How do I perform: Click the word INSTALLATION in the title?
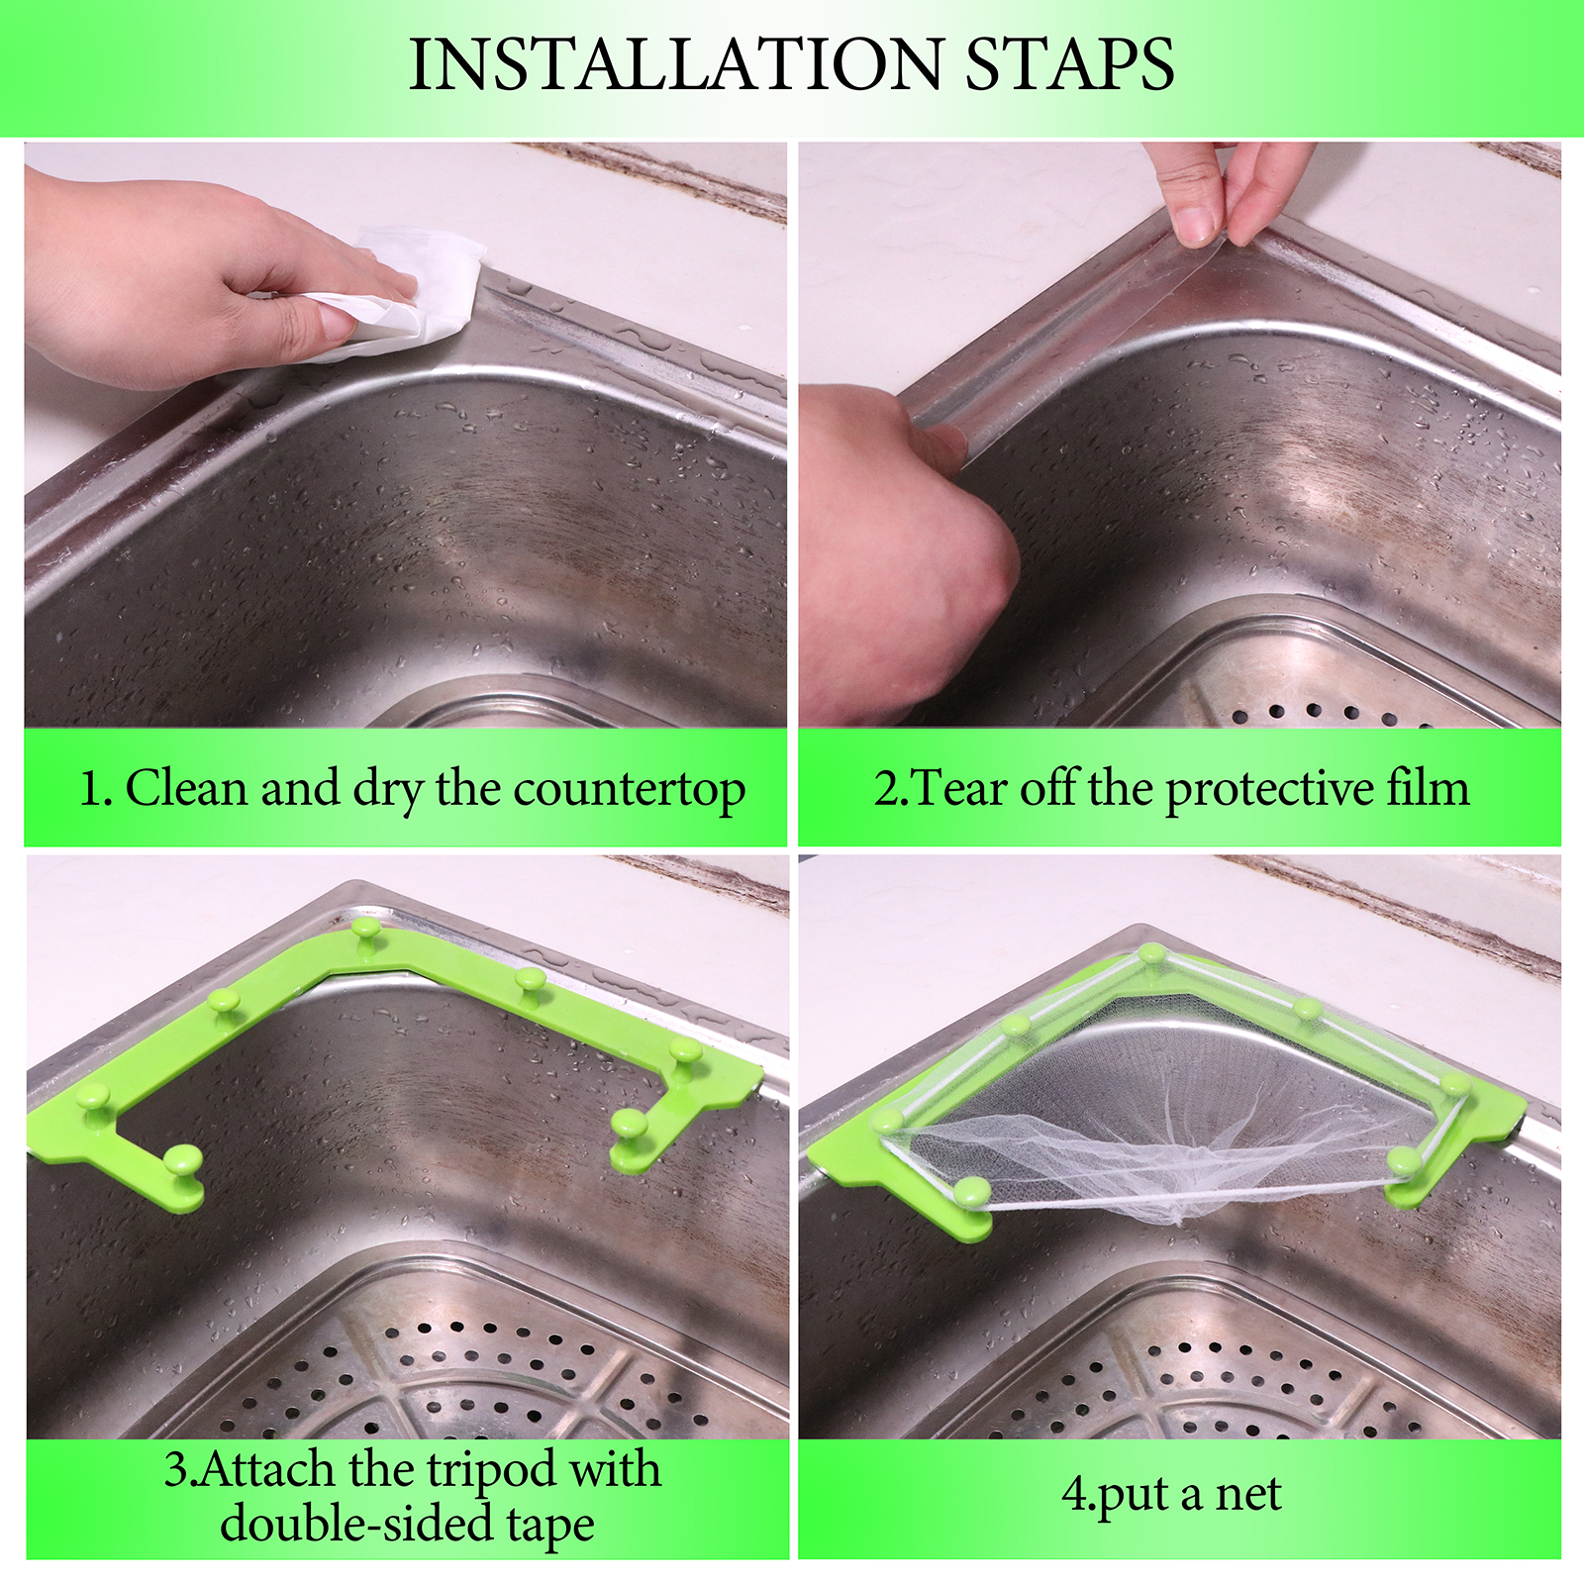(x=676, y=64)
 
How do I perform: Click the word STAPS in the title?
(x=1070, y=64)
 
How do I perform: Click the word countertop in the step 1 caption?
(x=629, y=790)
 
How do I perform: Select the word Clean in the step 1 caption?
(x=186, y=788)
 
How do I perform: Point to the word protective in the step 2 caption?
(x=1268, y=790)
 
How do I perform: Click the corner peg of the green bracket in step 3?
(x=365, y=932)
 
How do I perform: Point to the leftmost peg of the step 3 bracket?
(x=93, y=1099)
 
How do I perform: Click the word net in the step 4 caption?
(x=1248, y=1495)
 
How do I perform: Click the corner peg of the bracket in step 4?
(x=1151, y=955)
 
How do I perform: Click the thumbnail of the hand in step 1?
(x=338, y=323)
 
